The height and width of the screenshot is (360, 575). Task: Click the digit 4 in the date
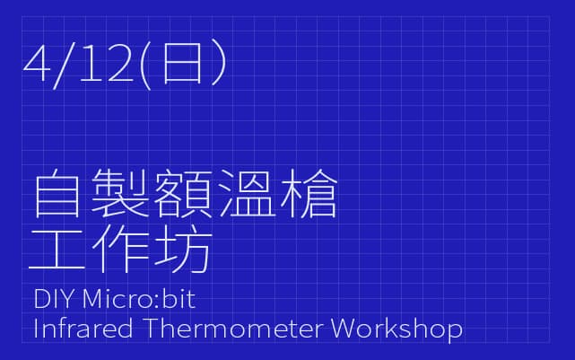[36, 63]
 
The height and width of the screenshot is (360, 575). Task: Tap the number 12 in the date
[106, 63]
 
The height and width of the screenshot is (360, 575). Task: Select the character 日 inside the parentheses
[182, 63]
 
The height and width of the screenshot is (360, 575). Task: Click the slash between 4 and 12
[65, 66]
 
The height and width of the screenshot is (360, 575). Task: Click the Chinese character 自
[57, 193]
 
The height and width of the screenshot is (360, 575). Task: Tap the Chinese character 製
[119, 193]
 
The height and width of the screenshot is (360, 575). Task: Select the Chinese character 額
[183, 193]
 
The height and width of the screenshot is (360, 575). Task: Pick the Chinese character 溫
[248, 193]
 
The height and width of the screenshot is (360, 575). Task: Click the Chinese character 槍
[309, 193]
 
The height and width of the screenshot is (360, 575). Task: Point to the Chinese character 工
[57, 249]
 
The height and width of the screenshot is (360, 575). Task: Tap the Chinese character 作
[120, 248]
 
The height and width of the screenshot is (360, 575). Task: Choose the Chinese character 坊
[183, 248]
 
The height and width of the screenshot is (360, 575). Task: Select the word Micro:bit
[139, 298]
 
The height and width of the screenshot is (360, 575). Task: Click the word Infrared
[83, 329]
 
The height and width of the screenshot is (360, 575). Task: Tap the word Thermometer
[233, 329]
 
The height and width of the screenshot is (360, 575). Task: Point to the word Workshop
[396, 329]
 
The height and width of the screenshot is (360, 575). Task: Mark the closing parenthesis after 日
[219, 63]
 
